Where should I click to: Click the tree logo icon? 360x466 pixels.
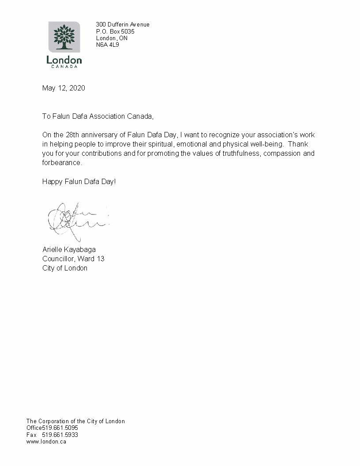coord(64,37)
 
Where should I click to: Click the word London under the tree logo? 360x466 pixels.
coord(64,60)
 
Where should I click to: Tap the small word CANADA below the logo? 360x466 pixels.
coord(64,67)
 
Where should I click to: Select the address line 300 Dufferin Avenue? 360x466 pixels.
coord(123,25)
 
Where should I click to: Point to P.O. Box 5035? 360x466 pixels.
coord(115,32)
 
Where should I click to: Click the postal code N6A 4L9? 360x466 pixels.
coord(108,45)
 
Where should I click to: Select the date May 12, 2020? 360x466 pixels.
coord(64,88)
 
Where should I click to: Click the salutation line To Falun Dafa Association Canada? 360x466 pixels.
coord(97,116)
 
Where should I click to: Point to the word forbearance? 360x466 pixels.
coord(62,163)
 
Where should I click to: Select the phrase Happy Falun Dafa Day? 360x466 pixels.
coord(79,181)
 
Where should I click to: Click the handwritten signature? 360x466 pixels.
coord(75,219)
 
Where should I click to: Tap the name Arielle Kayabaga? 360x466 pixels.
coord(69,250)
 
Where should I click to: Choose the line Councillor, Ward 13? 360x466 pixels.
coord(73,259)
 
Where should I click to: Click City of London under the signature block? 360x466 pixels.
coord(65,268)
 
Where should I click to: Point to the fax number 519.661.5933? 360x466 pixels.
coord(60,435)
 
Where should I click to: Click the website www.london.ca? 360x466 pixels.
coord(46,442)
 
